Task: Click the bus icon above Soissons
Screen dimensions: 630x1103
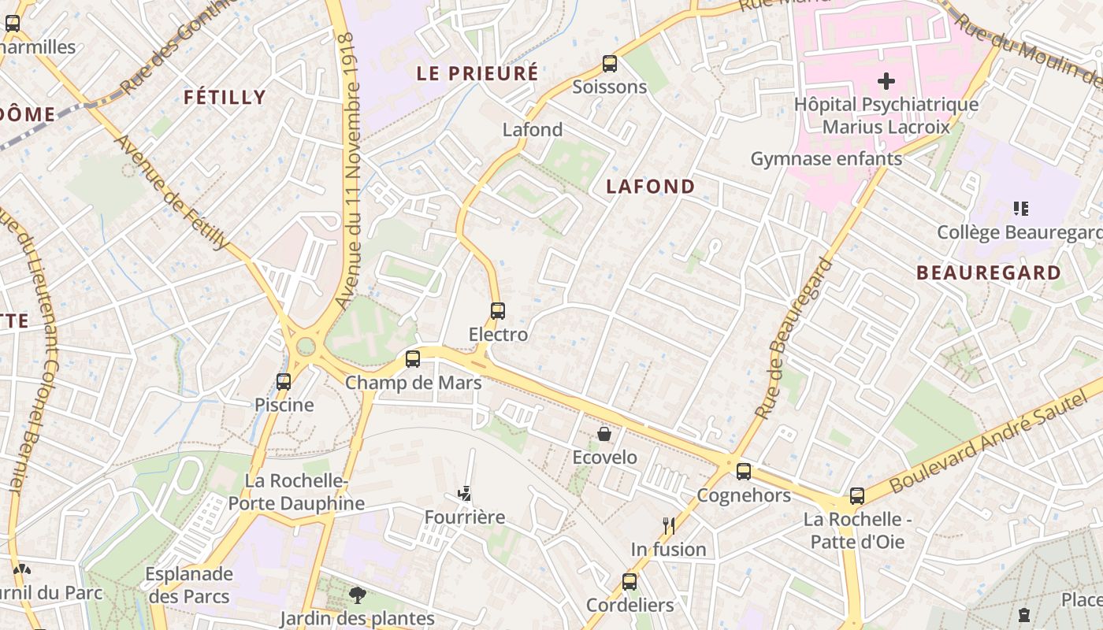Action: [609, 64]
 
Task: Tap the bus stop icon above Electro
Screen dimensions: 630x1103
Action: [497, 311]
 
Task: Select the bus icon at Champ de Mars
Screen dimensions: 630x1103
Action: [413, 359]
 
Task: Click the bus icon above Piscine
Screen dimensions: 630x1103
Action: [284, 382]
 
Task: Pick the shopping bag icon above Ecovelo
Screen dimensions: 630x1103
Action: [604, 434]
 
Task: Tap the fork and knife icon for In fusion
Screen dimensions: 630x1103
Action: [669, 525]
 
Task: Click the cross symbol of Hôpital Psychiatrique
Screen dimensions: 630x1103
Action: [886, 80]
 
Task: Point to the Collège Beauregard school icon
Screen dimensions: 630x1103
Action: [1021, 209]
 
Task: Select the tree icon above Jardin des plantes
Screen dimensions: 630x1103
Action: [358, 595]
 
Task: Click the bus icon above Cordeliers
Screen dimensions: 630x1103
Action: [629, 582]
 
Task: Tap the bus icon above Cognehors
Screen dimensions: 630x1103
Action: [744, 472]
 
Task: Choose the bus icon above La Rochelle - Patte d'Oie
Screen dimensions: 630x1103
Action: [857, 496]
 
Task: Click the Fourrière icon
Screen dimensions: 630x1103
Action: [465, 494]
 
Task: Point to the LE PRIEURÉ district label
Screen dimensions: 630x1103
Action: [477, 74]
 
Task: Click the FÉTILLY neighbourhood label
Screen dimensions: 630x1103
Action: [225, 98]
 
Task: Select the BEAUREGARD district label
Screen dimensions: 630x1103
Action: [988, 273]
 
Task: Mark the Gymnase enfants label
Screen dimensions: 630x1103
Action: [826, 159]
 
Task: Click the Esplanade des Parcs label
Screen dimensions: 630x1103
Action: [189, 585]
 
